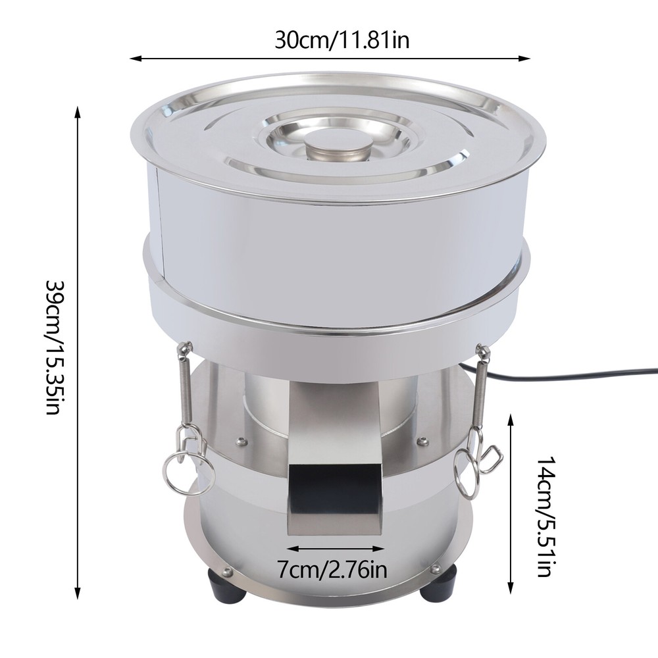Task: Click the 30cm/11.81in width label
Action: point(342,41)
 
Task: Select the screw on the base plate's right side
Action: point(435,567)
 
